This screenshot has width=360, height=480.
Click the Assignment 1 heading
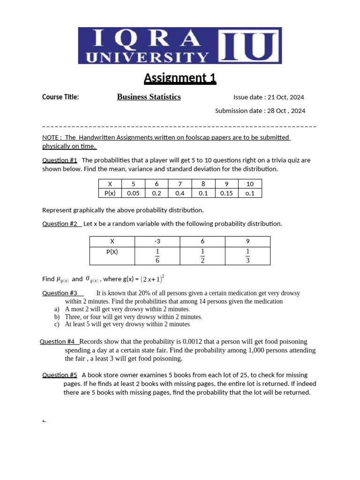[x=180, y=78]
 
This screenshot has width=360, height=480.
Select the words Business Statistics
[x=149, y=97]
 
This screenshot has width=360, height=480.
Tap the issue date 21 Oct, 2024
[x=285, y=97]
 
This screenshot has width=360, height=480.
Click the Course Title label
[x=60, y=97]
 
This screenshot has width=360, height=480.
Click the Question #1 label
[x=60, y=160]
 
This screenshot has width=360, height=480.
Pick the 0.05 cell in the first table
[x=133, y=193]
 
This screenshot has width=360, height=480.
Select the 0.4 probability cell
[x=180, y=193]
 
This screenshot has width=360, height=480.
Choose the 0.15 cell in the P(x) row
[x=226, y=193]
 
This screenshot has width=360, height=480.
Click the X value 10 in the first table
[x=250, y=184]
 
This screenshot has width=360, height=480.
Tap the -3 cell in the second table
[x=157, y=241]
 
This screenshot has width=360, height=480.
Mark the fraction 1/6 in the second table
[x=157, y=256]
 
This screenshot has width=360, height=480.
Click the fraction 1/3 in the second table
[x=247, y=256]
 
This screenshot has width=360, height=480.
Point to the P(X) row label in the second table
[x=112, y=252]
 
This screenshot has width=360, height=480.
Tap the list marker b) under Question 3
[x=57, y=317]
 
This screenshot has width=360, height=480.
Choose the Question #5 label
[x=60, y=375]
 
